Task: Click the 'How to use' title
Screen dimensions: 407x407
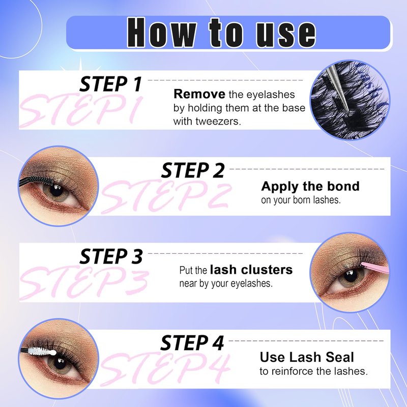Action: click(x=221, y=33)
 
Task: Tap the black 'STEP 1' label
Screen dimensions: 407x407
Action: click(x=111, y=84)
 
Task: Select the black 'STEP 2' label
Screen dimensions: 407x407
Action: click(x=193, y=170)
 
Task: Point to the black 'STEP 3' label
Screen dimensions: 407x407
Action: click(x=111, y=256)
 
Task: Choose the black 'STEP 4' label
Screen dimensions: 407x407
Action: click(x=192, y=343)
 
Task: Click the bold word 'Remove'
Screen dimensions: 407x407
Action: click(x=199, y=94)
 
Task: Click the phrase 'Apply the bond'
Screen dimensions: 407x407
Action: click(x=310, y=187)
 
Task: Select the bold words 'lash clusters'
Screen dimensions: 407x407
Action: click(x=251, y=270)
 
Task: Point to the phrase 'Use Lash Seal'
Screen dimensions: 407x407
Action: click(x=307, y=357)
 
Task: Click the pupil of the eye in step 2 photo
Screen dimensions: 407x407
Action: click(x=56, y=191)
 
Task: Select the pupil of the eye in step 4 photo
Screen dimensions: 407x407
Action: click(x=60, y=363)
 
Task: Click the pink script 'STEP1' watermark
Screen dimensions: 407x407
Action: click(x=81, y=110)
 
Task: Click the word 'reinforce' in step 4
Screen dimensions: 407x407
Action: click(x=295, y=371)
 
